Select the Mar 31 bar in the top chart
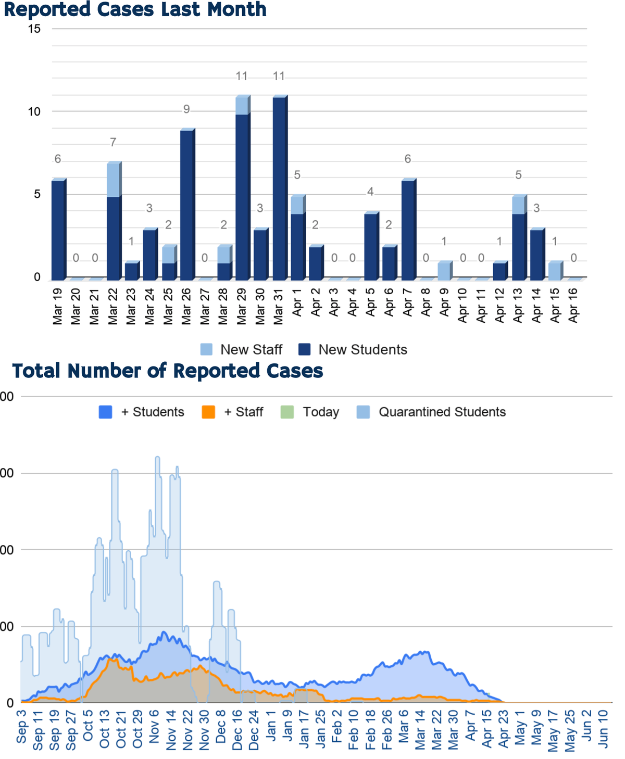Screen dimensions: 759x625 pos(279,187)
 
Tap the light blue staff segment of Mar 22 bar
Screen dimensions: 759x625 pos(113,180)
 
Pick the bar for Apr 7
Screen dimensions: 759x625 pos(407,229)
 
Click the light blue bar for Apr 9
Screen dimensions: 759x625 pos(444,271)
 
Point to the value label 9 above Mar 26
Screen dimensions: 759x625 pos(186,109)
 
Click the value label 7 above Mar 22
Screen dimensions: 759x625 pos(113,142)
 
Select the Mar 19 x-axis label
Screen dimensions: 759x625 pos(57,307)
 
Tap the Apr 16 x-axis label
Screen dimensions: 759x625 pos(573,307)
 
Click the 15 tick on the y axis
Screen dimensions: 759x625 pos(34,29)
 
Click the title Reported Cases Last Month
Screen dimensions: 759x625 pos(135,9)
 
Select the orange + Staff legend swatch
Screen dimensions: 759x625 pos(208,412)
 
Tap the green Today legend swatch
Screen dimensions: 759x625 pos(287,412)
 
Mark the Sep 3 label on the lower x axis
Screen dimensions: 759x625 pos(21,726)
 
